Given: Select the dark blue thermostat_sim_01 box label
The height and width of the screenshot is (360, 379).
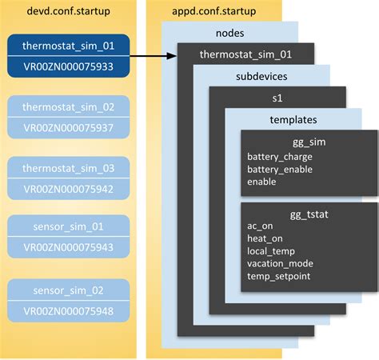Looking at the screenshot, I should pos(70,46).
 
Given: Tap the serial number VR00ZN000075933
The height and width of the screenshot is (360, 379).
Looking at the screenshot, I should pos(70,66).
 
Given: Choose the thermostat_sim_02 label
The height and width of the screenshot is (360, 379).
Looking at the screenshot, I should pos(70,107).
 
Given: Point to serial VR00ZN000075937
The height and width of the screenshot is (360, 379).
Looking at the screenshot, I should pos(70,127).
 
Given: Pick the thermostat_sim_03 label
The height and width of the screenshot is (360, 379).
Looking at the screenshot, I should pos(70,169).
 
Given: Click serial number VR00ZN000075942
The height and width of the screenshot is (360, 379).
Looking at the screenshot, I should pos(70,189).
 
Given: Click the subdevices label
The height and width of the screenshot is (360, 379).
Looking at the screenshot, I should pos(261,77).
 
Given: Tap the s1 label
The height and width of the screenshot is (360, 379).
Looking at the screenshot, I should pos(277,98).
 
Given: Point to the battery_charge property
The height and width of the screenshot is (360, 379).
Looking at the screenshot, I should pos(280,156).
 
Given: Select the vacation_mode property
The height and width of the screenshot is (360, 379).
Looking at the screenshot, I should pos(281,263).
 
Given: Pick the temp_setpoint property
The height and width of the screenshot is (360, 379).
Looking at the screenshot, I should pos(279,277).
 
